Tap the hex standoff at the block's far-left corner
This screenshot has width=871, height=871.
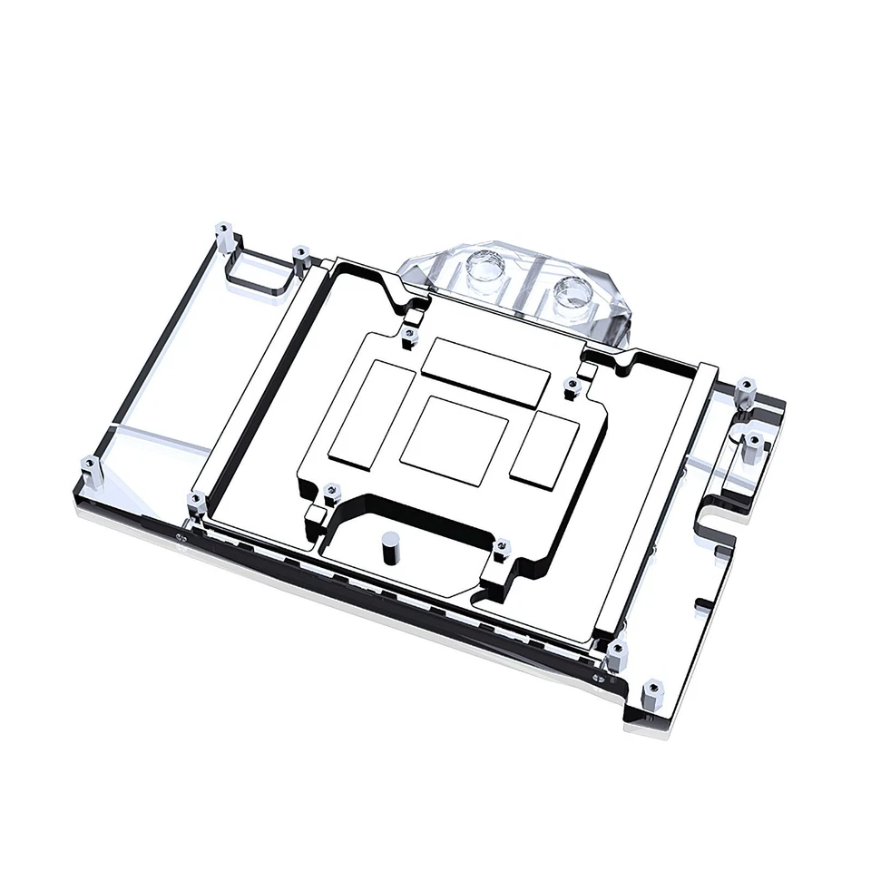pyautogui.click(x=90, y=471)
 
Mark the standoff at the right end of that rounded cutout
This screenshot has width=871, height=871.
pyautogui.click(x=299, y=260)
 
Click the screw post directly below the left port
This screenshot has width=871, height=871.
pyautogui.click(x=407, y=337)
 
